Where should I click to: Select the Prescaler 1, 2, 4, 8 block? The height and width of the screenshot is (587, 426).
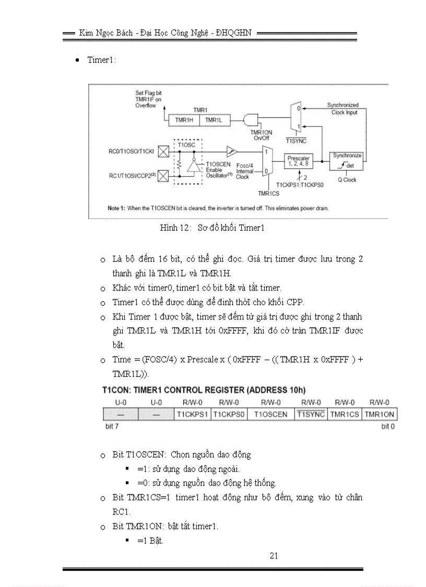(298, 161)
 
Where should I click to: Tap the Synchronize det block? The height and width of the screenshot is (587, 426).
(347, 161)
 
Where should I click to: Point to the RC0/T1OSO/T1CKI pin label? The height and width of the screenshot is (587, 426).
(131, 152)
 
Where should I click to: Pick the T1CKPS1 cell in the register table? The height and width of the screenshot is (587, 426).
(192, 414)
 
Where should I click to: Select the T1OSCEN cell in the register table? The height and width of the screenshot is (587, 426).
(270, 414)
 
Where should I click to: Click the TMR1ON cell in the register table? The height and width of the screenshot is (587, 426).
(380, 414)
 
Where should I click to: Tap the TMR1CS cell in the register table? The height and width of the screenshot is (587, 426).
(345, 414)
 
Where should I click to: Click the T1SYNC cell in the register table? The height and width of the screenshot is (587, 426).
(312, 414)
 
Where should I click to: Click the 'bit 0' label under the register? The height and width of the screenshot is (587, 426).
(388, 427)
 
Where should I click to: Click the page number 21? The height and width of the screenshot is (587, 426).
(274, 556)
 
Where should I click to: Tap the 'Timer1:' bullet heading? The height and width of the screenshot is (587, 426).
(101, 60)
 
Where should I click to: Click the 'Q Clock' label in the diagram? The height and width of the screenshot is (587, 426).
(347, 180)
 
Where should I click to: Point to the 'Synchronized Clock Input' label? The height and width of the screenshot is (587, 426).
(343, 109)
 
